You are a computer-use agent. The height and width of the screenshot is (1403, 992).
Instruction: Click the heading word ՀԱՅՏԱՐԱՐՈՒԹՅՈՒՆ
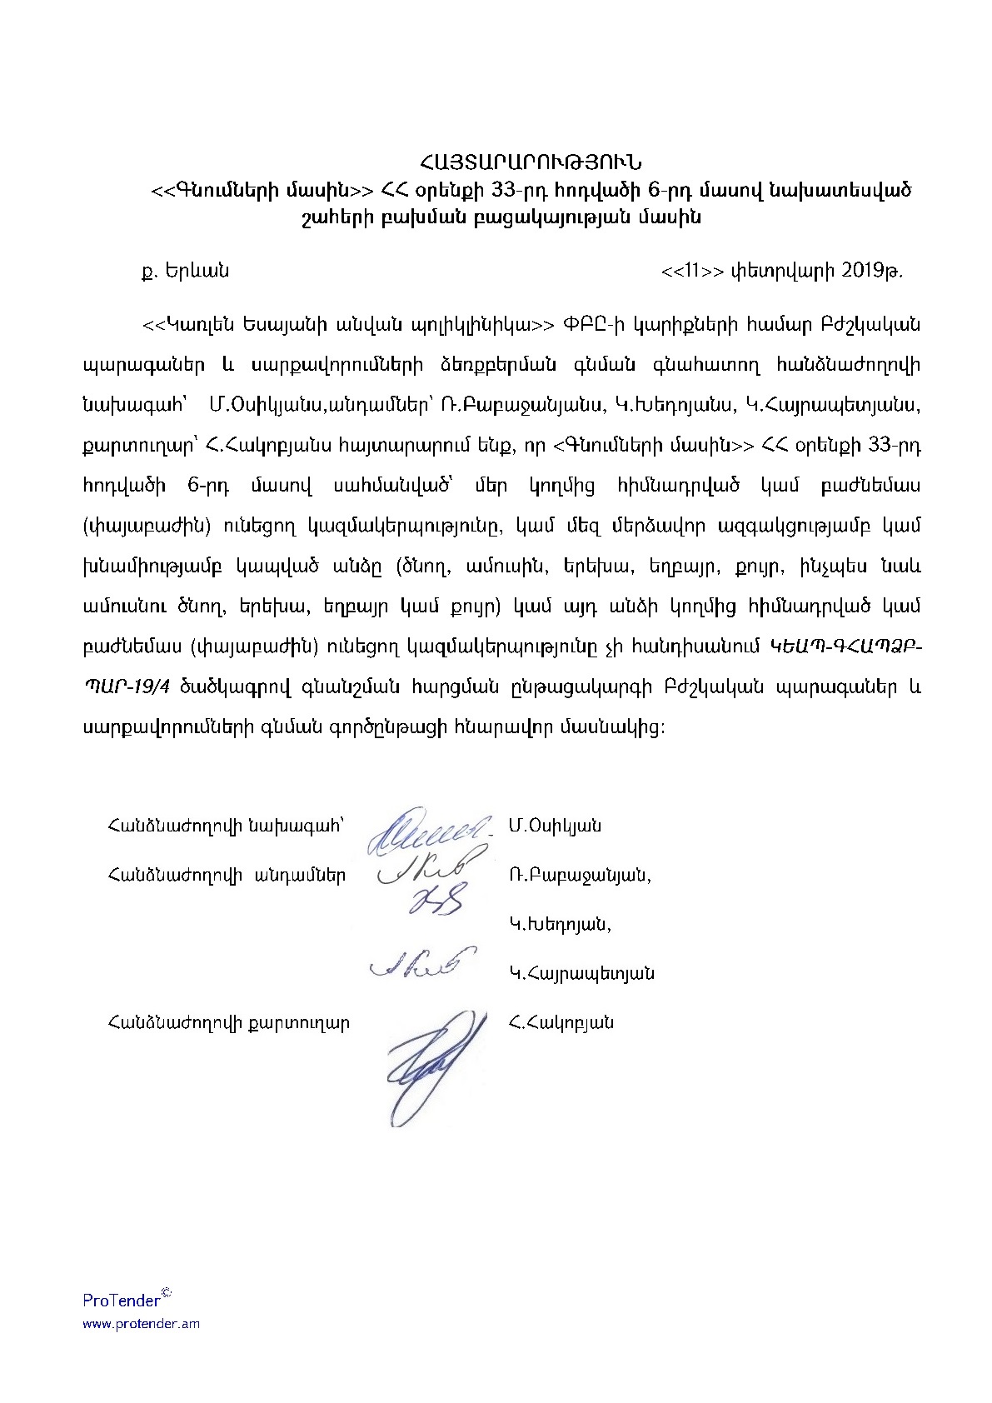(530, 160)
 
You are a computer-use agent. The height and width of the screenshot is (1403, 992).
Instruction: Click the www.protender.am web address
(140, 1324)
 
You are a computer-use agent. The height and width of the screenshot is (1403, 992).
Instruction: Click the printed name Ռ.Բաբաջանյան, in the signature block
(580, 876)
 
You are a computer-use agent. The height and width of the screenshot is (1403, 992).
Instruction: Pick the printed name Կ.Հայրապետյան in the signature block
(581, 973)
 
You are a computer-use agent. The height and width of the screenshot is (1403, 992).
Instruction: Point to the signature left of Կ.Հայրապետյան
(421, 962)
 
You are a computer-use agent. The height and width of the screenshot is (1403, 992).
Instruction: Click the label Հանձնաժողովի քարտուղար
(228, 1022)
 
